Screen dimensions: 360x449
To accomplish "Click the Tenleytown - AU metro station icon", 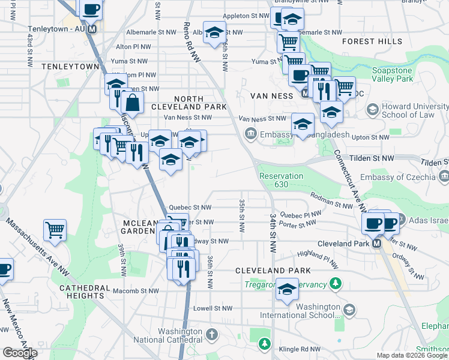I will [92, 29].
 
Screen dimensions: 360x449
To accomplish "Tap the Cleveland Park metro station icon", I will [376, 244].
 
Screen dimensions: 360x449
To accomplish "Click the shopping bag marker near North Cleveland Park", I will [133, 103].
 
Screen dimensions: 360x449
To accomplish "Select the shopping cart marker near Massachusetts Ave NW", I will [55, 230].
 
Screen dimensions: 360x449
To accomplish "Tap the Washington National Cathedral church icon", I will [211, 334].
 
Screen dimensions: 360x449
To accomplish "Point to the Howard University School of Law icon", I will [372, 110].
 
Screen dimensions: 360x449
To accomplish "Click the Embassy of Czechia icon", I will [443, 176].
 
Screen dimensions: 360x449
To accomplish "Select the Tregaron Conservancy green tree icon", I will [336, 283].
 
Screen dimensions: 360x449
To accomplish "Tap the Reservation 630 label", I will [281, 180].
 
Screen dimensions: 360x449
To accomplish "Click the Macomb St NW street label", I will [136, 291].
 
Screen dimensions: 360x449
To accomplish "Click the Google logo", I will [20, 353].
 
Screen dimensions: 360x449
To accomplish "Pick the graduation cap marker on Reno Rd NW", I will [214, 34].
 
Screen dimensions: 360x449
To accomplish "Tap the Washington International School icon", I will [349, 310].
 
